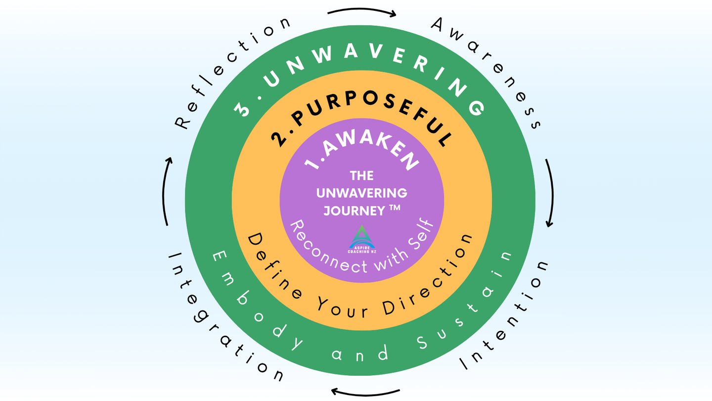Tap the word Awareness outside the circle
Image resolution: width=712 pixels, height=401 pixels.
(489, 69)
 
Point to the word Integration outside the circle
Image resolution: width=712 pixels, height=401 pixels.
(222, 321)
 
